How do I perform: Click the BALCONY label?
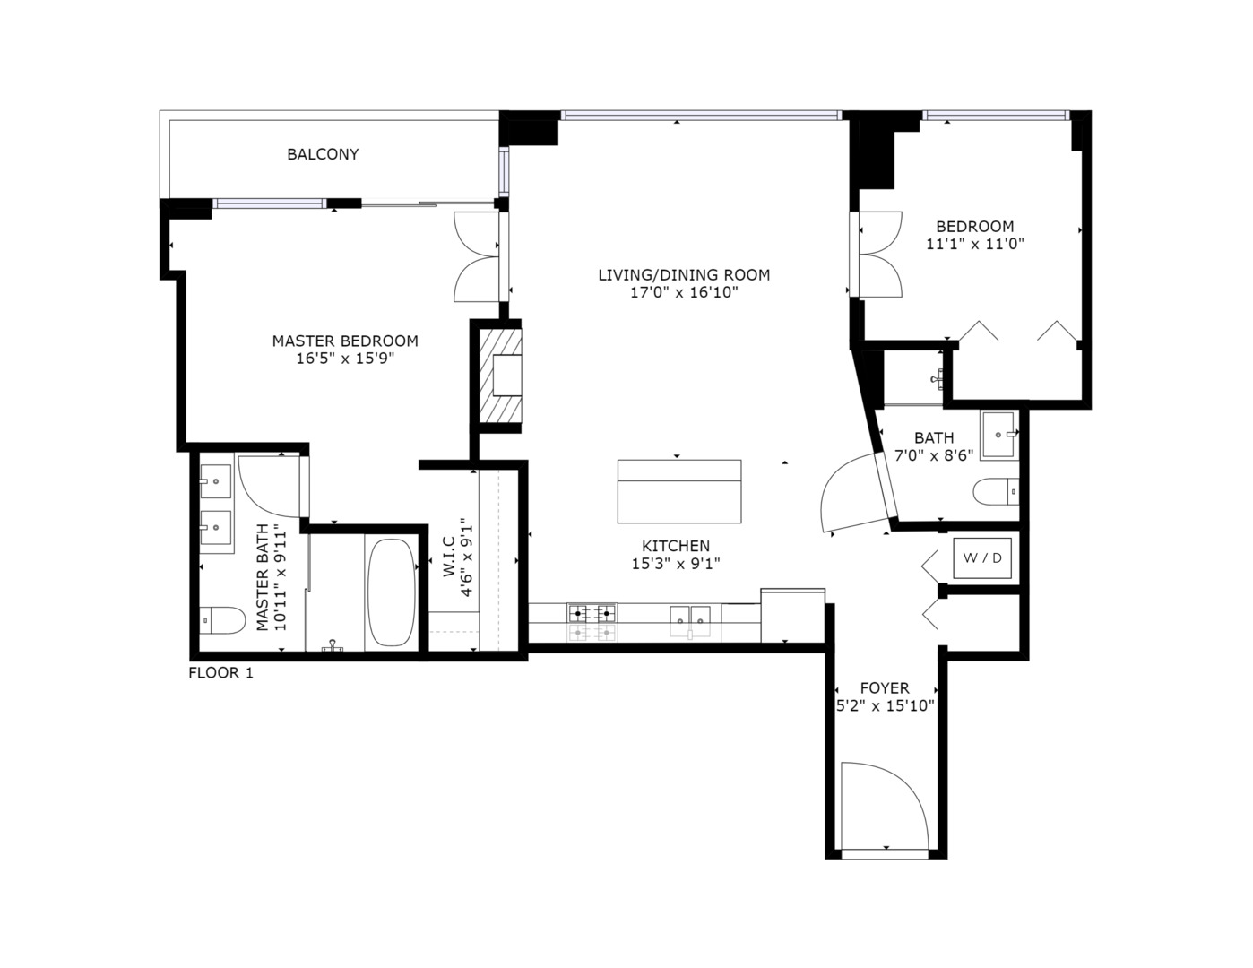click(x=323, y=154)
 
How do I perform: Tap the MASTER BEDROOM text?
click(x=345, y=341)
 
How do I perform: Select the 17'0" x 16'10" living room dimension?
click(x=684, y=292)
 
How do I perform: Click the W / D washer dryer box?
click(x=982, y=557)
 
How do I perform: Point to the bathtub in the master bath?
click(x=392, y=592)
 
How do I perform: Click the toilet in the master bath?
click(x=222, y=619)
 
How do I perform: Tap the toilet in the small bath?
click(x=995, y=492)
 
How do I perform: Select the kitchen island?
click(x=679, y=491)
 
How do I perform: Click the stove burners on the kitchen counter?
click(x=592, y=612)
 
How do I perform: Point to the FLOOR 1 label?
click(x=220, y=673)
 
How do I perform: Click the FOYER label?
click(x=885, y=687)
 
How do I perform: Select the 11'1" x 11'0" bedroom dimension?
click(x=975, y=244)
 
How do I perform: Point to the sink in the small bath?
click(x=998, y=435)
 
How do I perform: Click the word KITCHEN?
click(x=676, y=546)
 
